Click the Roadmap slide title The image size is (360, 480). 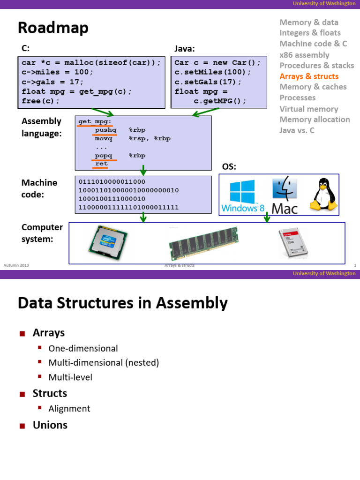53,28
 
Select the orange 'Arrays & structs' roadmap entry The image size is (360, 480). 309,76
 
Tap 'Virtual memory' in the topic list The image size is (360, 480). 309,109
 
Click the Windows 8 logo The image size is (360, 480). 242,195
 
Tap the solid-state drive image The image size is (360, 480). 294,243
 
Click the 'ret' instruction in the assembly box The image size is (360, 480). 101,164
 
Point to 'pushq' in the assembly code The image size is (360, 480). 105,130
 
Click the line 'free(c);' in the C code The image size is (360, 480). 41,101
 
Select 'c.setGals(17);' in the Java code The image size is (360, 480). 208,82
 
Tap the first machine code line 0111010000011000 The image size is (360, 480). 112,182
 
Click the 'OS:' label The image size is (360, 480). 229,167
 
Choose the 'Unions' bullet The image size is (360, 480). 50,425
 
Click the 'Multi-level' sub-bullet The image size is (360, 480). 70,377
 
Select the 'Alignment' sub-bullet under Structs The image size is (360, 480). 69,408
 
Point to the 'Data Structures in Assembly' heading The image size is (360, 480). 123,303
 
